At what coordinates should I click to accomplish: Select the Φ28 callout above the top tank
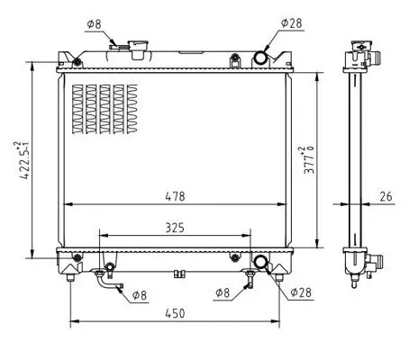[290, 22]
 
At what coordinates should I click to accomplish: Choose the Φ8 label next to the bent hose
[140, 294]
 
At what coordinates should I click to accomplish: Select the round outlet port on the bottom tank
[261, 262]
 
